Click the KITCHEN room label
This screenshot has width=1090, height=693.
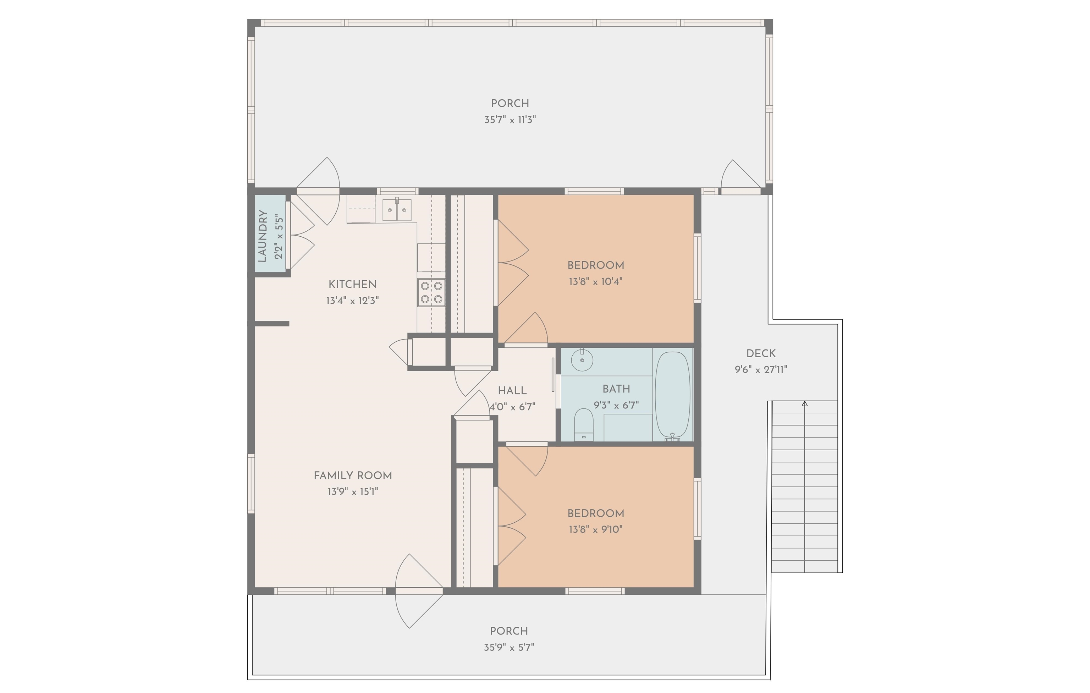click(x=352, y=284)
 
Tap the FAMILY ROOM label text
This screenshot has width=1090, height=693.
click(x=353, y=475)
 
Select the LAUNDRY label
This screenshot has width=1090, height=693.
click(x=262, y=236)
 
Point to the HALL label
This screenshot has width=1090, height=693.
click(x=512, y=391)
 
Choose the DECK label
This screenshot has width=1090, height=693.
click(x=761, y=353)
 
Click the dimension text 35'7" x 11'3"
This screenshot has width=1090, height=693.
click(x=510, y=120)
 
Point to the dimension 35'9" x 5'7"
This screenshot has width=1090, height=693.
click(x=509, y=647)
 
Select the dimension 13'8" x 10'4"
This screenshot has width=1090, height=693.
click(x=596, y=281)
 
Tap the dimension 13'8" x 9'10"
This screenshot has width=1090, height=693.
click(x=596, y=529)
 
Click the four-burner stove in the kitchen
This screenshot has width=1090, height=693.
click(x=431, y=292)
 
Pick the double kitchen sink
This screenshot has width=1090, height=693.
click(x=397, y=210)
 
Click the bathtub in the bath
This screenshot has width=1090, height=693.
click(x=673, y=395)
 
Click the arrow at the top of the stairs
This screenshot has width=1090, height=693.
click(x=804, y=403)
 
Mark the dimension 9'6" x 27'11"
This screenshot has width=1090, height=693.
click(x=761, y=370)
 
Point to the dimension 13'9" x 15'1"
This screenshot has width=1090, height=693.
click(x=353, y=491)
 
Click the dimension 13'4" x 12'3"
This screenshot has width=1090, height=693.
click(x=352, y=301)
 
